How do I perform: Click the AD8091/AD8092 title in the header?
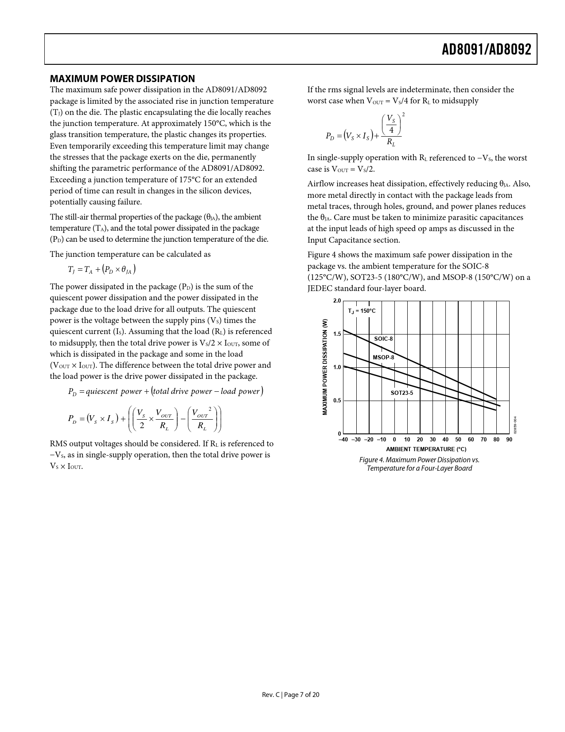coord(486,50)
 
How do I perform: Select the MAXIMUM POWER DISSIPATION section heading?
coord(122,79)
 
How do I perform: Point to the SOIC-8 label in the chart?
coord(383,339)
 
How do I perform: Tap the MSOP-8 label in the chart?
coord(383,358)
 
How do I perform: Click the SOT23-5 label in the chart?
coord(401,393)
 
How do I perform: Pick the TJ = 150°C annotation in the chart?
coord(362,311)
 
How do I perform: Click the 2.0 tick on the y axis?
coord(337,301)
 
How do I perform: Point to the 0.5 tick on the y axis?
coord(337,401)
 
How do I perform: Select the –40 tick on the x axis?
coord(343,440)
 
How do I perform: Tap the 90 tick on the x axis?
coord(509,440)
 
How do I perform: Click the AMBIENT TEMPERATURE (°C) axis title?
coord(426,449)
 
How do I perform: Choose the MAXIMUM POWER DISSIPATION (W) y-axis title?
coord(325,367)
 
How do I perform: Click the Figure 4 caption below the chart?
coord(419,464)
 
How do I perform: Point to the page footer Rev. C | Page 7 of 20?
coord(291,695)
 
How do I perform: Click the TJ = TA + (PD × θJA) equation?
coord(101,269)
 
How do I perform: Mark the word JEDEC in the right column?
coord(320,288)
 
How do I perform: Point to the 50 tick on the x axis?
coord(458,440)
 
